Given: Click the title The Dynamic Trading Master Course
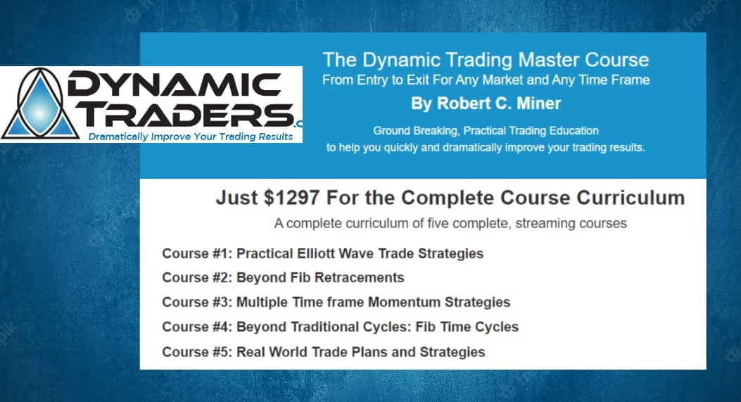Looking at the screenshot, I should click(x=486, y=60).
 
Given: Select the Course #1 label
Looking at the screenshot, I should click(x=197, y=253).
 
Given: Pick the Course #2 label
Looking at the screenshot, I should click(x=197, y=278).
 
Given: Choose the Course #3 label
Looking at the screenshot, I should click(x=197, y=303).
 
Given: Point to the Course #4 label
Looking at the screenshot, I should click(x=197, y=327).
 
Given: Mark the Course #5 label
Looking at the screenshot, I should click(x=197, y=352).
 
